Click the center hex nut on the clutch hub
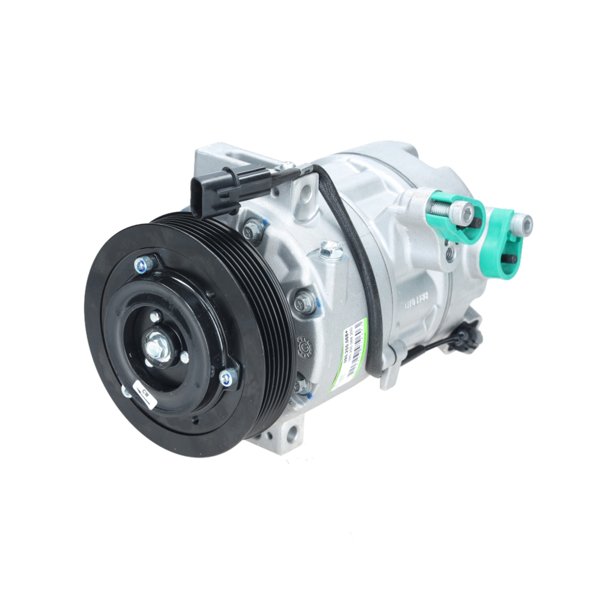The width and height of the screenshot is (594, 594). [157, 346]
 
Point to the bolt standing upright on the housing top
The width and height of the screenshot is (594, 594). [330, 249]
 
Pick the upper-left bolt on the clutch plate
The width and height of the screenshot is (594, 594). [143, 264]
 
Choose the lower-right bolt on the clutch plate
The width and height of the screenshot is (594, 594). [228, 377]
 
